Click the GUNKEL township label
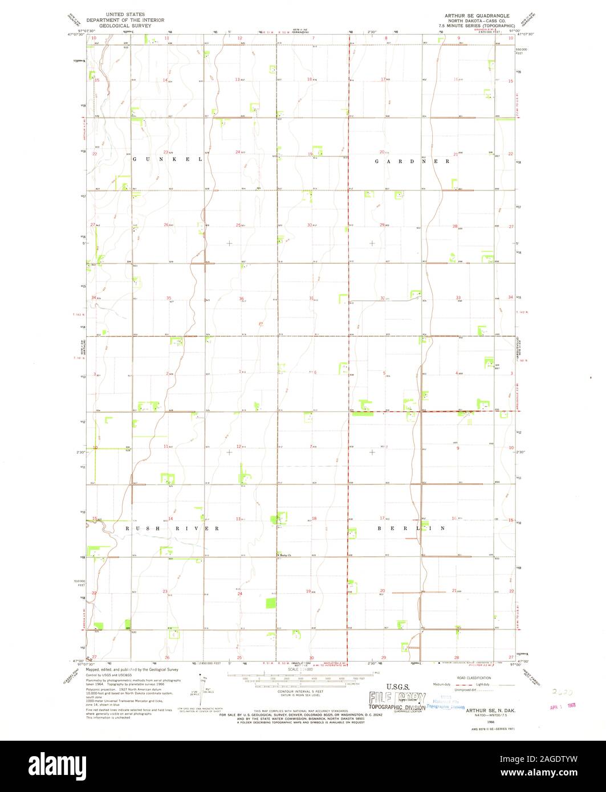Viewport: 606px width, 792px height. click(168, 160)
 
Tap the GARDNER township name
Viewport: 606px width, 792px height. click(412, 161)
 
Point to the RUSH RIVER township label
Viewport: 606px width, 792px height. click(172, 529)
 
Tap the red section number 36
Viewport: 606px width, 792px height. click(242, 298)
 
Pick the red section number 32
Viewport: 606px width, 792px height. click(383, 298)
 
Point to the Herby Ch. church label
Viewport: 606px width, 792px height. click(284, 556)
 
